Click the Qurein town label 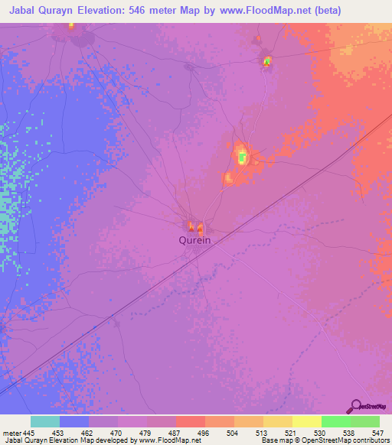(194, 239)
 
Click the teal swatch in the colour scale (45, 421)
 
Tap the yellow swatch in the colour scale (306, 421)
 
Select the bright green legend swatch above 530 (335, 421)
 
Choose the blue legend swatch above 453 (74, 421)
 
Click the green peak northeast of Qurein (243, 158)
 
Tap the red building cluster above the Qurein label (196, 227)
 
